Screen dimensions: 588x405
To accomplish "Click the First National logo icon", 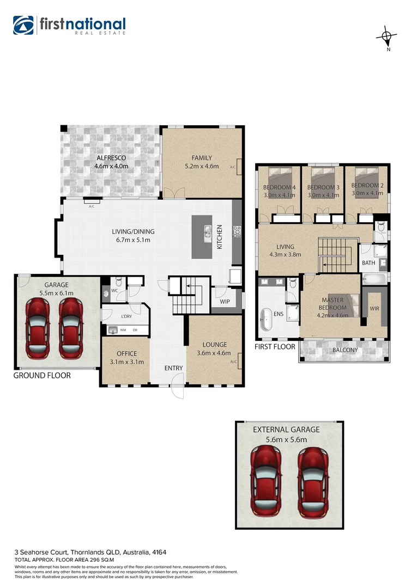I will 23,26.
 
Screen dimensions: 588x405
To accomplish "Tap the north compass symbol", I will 387,37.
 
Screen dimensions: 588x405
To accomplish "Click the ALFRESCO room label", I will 111,158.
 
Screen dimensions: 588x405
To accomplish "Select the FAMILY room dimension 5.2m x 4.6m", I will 202,166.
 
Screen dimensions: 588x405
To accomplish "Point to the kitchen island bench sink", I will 207,232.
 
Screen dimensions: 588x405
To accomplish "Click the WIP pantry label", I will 225,301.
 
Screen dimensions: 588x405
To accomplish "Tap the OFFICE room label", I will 126,354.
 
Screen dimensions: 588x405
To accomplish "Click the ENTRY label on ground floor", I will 174,369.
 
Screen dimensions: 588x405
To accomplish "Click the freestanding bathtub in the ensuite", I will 266,320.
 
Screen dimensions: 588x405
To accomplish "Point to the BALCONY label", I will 344,350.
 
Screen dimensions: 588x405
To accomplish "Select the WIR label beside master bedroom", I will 374,308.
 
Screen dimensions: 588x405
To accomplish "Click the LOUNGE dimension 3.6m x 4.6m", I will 214,353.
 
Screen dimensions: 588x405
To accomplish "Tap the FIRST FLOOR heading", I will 275,346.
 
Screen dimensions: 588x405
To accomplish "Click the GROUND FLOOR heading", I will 42,376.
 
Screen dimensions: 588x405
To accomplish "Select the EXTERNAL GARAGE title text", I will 286,430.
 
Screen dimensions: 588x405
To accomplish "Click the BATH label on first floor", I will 368,263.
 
